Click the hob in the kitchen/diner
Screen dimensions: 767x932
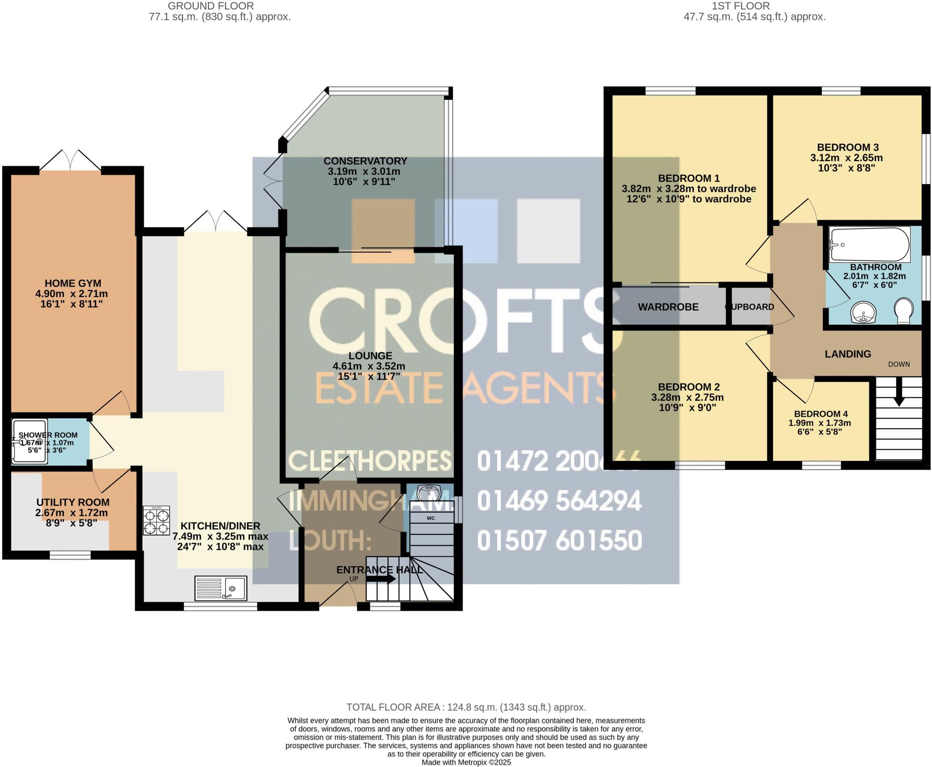point(156,520)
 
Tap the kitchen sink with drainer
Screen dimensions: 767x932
point(221,588)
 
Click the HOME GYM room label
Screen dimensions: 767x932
point(73,283)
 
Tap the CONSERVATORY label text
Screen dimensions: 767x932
point(365,161)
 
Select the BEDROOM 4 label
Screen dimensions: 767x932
point(821,414)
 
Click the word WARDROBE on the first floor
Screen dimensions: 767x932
point(668,307)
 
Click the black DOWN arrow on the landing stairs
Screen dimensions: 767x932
point(898,395)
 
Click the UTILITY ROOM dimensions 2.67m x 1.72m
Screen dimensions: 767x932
point(72,513)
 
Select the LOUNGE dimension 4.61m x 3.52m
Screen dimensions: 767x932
point(369,366)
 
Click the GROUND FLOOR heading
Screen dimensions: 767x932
point(211,6)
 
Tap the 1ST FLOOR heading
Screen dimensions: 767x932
point(754,6)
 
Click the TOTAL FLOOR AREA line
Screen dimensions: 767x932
point(466,707)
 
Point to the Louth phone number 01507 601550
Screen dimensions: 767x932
point(559,540)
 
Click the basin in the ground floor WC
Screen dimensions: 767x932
point(428,492)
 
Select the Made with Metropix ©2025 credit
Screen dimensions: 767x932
point(466,762)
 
